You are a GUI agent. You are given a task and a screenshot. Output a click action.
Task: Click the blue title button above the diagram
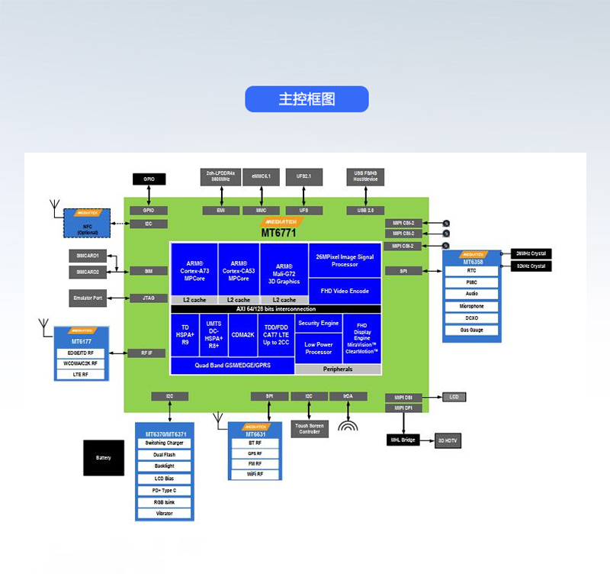click(307, 99)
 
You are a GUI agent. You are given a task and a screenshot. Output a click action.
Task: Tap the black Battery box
click(104, 458)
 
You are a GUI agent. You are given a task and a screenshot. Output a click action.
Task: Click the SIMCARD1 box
click(88, 256)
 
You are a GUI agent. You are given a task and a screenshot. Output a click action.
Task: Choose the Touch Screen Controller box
click(310, 428)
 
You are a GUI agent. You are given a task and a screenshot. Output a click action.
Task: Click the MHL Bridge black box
click(403, 440)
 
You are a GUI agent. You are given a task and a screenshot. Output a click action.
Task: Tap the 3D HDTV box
click(449, 440)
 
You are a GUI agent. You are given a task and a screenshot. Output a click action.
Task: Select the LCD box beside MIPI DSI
click(454, 397)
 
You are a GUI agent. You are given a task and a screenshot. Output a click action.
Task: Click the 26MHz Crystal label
click(530, 253)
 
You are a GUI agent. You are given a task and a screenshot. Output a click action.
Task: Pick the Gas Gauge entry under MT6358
click(472, 331)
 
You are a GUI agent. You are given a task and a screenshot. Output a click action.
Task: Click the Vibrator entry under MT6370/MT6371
click(164, 514)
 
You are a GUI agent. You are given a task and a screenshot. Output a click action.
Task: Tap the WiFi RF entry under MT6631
click(255, 474)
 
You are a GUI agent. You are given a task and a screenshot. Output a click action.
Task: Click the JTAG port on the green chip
click(148, 298)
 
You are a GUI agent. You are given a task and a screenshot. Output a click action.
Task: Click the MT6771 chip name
click(278, 233)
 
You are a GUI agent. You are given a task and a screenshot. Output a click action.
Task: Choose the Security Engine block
click(319, 323)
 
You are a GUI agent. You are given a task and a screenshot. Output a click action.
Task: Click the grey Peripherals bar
click(338, 369)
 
